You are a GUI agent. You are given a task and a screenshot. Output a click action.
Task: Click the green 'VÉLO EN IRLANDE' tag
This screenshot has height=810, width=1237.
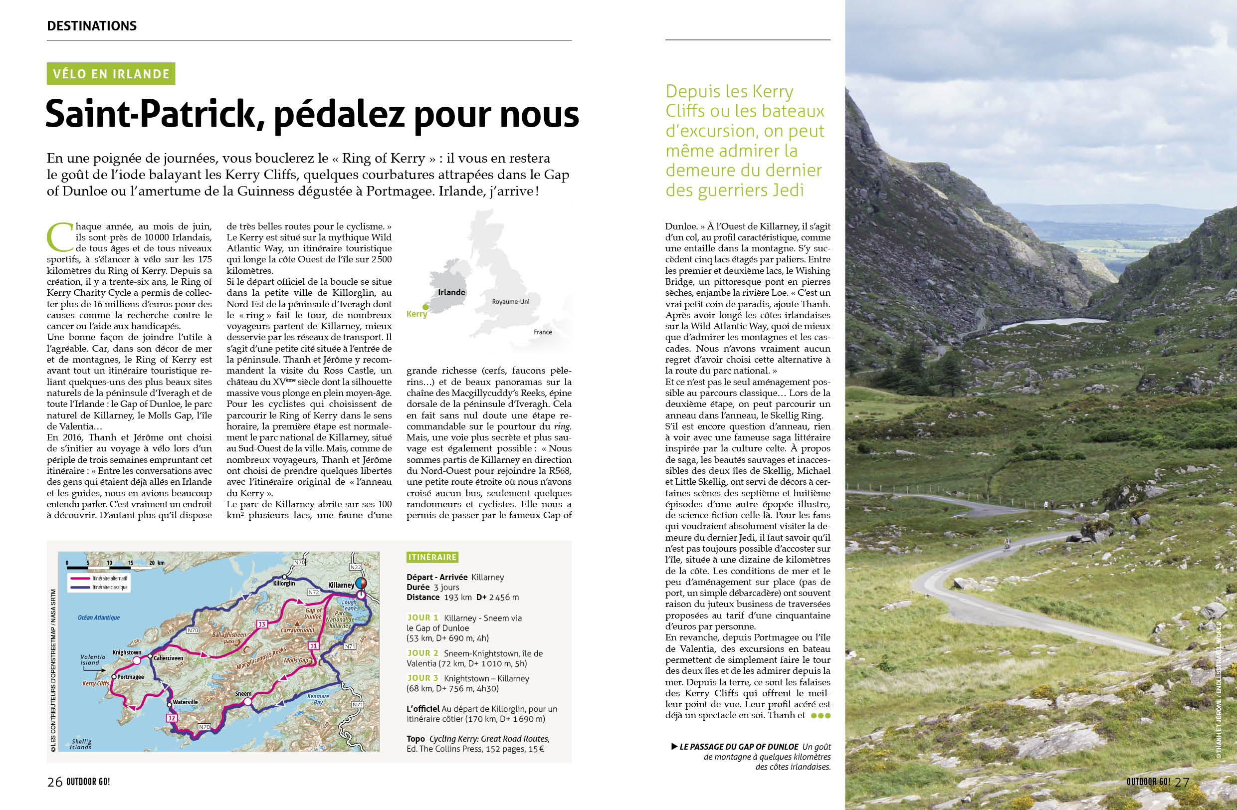click(111, 74)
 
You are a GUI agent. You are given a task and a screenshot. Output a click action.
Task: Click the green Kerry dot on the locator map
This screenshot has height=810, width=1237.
click(425, 307)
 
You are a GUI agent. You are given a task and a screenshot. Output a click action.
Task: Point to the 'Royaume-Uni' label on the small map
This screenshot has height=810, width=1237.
click(510, 301)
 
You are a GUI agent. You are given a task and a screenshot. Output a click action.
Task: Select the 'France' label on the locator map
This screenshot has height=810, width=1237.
click(543, 332)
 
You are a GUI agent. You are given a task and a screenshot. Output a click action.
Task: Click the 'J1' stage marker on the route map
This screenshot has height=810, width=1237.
click(313, 646)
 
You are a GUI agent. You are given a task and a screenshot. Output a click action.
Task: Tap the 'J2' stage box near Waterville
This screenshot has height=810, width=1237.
click(172, 718)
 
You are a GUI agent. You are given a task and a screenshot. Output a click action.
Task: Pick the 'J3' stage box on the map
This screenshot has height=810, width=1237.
click(262, 624)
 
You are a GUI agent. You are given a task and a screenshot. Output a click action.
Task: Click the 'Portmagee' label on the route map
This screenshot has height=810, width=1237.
click(130, 677)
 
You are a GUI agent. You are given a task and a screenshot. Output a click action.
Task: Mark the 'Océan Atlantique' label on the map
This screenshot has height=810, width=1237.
click(99, 618)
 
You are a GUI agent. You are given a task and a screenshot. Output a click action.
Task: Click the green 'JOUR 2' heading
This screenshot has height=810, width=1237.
click(422, 653)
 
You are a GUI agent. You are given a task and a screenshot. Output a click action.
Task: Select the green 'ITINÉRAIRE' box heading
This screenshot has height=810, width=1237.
click(432, 558)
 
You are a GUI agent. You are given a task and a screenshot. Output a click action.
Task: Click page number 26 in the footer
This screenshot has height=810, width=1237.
click(54, 782)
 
